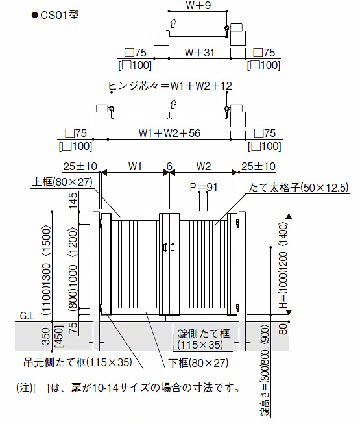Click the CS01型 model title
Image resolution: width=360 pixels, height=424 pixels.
pyautogui.click(x=60, y=15)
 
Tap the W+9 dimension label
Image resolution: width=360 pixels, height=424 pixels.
pyautogui.click(x=198, y=5)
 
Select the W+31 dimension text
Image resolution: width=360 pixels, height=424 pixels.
pyautogui.click(x=200, y=53)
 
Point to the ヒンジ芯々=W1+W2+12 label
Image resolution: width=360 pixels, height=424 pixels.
pyautogui.click(x=170, y=86)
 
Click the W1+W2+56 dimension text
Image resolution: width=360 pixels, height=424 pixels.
pyautogui.click(x=169, y=133)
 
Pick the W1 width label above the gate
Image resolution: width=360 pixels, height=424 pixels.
pyautogui.click(x=135, y=166)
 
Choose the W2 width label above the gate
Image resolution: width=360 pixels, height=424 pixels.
pyautogui.click(x=204, y=166)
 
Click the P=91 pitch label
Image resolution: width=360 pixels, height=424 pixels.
pyautogui.click(x=204, y=187)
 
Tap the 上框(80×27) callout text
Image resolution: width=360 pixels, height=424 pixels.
pyautogui.click(x=62, y=182)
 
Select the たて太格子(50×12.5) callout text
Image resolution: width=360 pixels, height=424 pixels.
pyautogui.click(x=298, y=188)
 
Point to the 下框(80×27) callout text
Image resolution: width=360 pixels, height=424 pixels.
pyautogui.click(x=198, y=363)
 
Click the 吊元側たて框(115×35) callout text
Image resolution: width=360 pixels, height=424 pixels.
pyautogui.click(x=78, y=362)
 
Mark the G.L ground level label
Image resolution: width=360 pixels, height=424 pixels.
pyautogui.click(x=27, y=316)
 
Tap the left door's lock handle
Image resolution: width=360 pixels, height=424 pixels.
pyautogui.click(x=166, y=247)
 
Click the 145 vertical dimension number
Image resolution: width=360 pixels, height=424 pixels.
pyautogui.click(x=73, y=201)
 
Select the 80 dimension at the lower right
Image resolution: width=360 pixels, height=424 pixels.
pyautogui.click(x=283, y=329)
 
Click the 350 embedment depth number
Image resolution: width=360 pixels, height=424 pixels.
pyautogui.click(x=47, y=336)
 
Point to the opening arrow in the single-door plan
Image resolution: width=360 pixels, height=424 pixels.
pyautogui.click(x=173, y=23)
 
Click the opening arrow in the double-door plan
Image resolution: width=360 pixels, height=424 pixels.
pyautogui.click(x=173, y=104)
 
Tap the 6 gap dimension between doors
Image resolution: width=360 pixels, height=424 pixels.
pyautogui.click(x=169, y=166)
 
